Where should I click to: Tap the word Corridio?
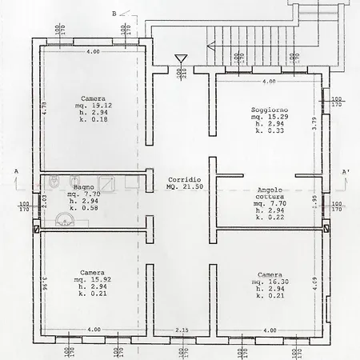(x=180, y=178)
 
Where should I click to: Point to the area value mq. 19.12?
(x=95, y=105)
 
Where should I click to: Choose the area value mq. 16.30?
(x=269, y=281)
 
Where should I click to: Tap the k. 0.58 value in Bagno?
(x=83, y=207)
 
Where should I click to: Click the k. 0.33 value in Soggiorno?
(x=268, y=130)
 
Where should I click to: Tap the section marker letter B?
(x=114, y=14)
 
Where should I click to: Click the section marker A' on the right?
(x=345, y=172)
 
